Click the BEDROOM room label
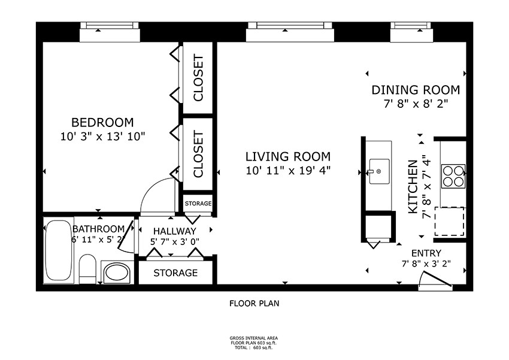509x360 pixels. [102, 122]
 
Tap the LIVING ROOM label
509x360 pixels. [288, 156]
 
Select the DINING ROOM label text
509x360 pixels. [416, 90]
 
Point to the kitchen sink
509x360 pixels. [378, 171]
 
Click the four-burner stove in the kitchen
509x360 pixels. [453, 176]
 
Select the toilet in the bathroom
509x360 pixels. [87, 269]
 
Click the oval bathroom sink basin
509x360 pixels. [116, 272]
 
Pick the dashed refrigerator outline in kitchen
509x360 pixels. [450, 222]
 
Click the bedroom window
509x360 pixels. [110, 32]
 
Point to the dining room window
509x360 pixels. [411, 32]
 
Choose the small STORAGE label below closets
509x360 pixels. [198, 204]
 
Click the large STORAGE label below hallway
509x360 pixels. [175, 273]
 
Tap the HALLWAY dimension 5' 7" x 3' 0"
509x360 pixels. [175, 242]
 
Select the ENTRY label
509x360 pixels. [426, 253]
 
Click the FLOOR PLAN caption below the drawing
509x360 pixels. [254, 304]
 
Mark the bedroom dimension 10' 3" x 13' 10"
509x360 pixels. [102, 137]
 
